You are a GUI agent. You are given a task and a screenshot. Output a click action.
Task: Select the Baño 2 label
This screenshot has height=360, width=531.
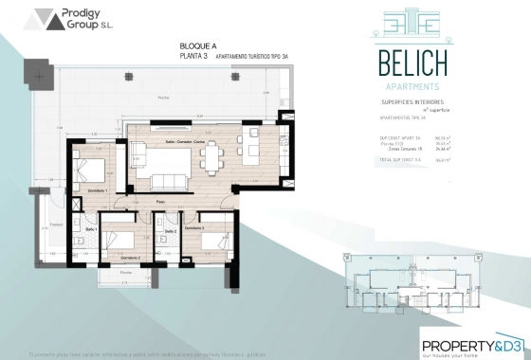point(171,230)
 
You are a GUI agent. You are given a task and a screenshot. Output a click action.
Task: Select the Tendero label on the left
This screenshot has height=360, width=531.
point(56,224)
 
